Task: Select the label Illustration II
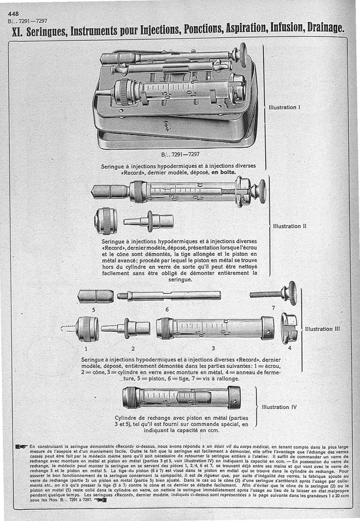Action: click(289, 226)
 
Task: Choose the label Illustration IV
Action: click(279, 407)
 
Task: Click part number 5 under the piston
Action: click(94, 310)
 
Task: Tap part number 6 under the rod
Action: click(167, 310)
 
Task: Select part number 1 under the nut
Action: click(86, 348)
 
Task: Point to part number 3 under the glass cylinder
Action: click(213, 348)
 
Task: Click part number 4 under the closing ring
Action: click(289, 348)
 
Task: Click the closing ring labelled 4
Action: click(288, 328)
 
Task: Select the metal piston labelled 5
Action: click(95, 296)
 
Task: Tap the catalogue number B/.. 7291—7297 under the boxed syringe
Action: click(180, 155)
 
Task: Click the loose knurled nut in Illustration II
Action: click(106, 221)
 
